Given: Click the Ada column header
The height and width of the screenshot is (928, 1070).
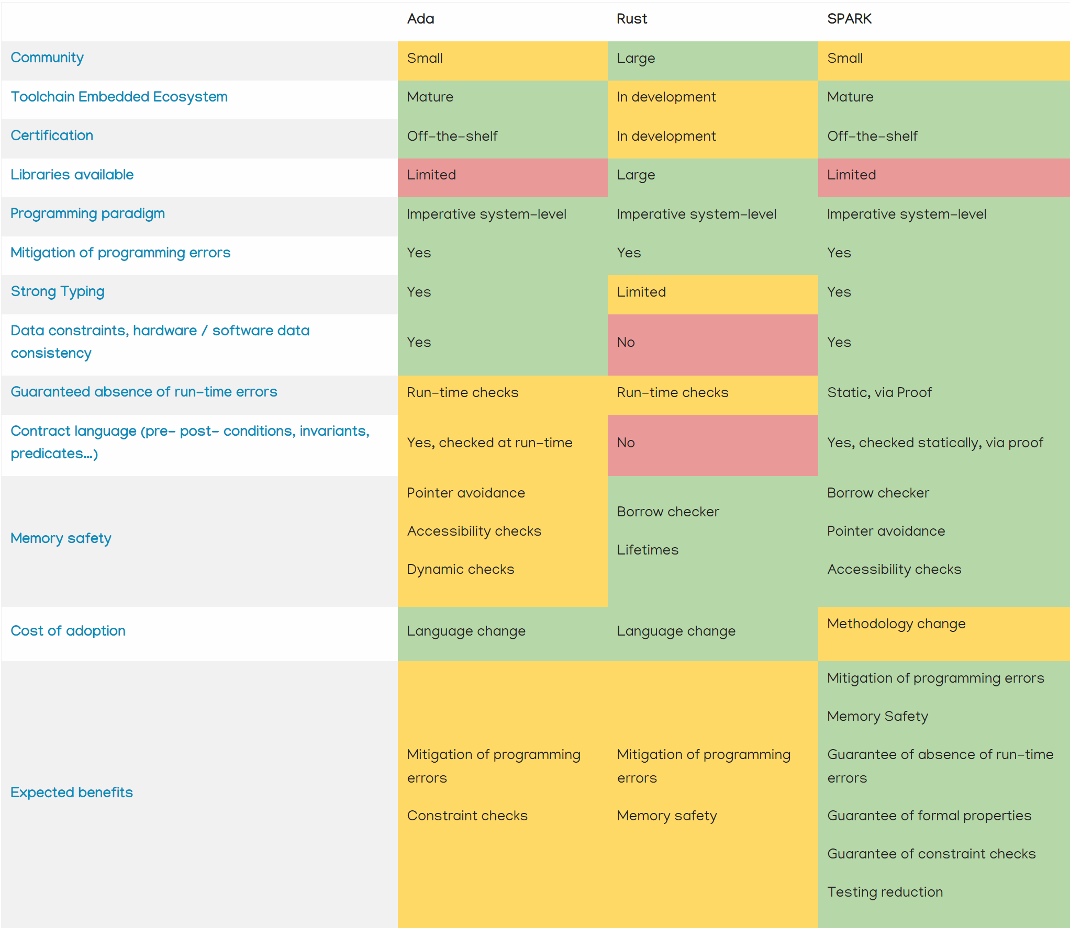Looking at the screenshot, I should (x=420, y=19).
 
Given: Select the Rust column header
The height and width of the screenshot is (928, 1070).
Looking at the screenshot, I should (x=631, y=19).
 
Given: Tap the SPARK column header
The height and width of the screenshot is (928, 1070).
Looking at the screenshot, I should (x=849, y=19).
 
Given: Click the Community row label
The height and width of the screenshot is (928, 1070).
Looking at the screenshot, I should (x=47, y=58).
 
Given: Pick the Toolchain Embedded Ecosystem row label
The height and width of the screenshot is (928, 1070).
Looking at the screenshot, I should (x=119, y=97).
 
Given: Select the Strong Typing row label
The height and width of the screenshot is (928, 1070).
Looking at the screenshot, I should (x=58, y=291).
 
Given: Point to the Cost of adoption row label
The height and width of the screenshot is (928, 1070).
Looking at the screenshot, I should (x=68, y=631).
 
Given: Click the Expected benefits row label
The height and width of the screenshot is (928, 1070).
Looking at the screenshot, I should (x=72, y=793).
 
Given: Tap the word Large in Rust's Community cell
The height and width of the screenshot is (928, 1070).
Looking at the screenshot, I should (x=636, y=59).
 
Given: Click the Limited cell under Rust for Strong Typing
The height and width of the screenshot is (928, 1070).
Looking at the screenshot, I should (x=641, y=292).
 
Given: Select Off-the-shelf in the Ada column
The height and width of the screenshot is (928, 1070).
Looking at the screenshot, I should (x=452, y=136).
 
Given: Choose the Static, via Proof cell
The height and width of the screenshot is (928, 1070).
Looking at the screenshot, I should (x=879, y=392).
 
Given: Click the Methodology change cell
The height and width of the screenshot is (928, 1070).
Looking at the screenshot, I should (x=896, y=624).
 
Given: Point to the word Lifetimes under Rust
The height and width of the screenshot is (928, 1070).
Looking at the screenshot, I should (x=647, y=550).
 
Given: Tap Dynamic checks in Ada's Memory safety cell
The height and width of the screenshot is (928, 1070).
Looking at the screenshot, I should (x=460, y=569).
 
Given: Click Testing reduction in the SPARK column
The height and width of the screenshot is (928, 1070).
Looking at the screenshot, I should (x=885, y=892).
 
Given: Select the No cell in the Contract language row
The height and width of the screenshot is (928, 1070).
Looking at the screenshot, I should (x=626, y=443).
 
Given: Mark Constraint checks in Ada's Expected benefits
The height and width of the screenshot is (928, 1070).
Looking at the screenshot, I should (x=467, y=816).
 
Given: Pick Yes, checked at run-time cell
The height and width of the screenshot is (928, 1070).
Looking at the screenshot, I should (x=489, y=443).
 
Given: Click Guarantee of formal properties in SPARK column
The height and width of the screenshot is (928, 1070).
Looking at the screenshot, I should (x=929, y=816).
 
